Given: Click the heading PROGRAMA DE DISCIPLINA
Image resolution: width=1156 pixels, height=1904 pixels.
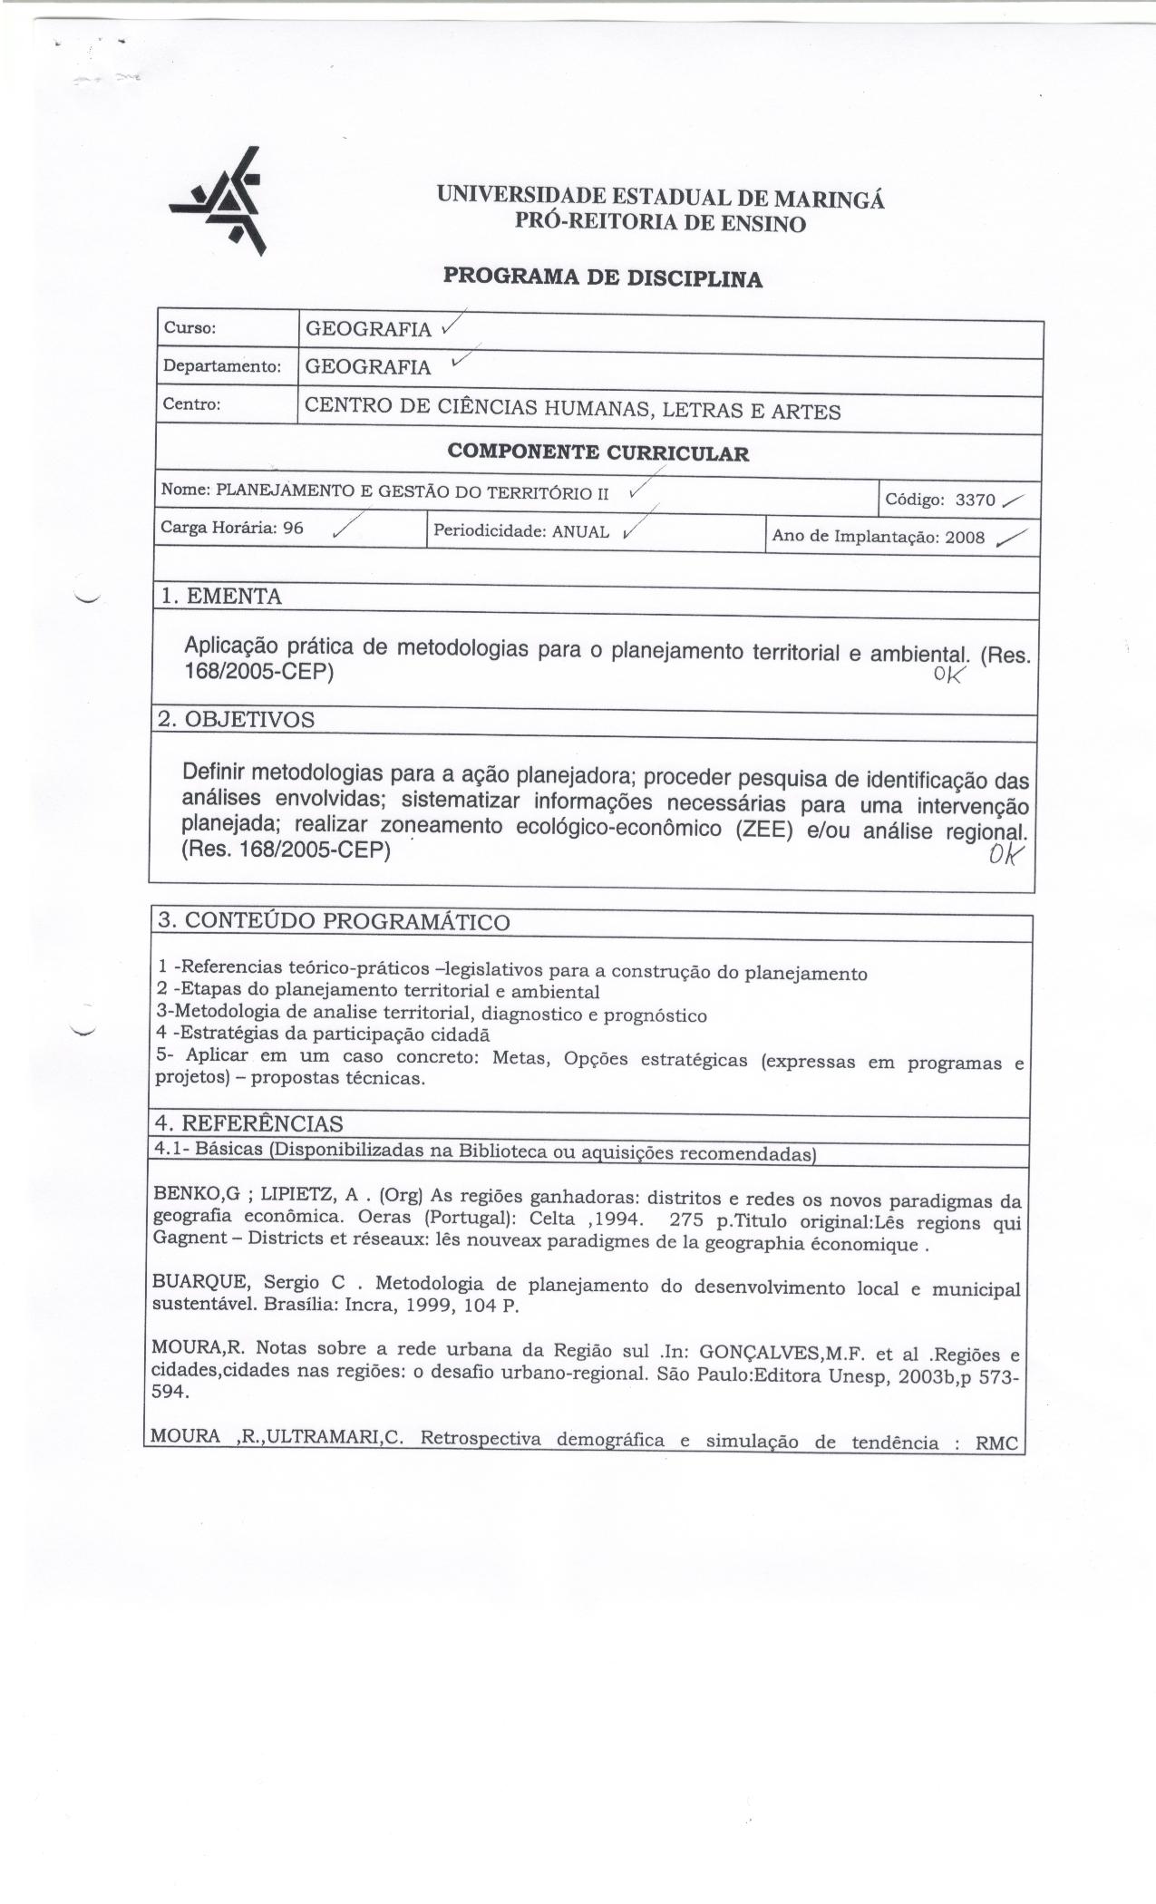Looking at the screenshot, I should [602, 277].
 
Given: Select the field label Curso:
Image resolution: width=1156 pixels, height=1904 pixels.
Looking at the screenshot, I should [189, 328].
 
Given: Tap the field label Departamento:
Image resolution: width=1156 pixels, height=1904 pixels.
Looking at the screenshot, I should [221, 366].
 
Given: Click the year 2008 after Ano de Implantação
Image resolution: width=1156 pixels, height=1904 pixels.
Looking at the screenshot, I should [965, 537].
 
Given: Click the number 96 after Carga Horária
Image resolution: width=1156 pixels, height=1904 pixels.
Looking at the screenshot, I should [293, 528].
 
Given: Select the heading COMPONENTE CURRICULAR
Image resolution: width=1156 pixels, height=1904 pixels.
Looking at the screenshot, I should [598, 452].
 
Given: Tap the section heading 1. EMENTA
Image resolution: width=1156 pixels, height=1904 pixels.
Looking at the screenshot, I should [220, 597].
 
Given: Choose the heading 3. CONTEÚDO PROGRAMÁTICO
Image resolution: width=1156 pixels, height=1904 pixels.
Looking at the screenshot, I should [334, 921].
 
